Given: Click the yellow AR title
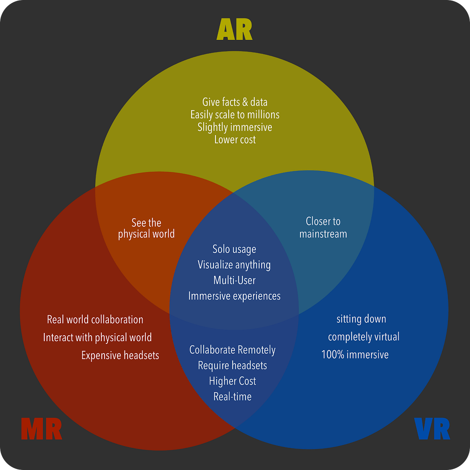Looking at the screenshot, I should click(x=235, y=30).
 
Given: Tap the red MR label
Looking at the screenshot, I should click(x=42, y=429).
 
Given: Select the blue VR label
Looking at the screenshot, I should click(x=432, y=429).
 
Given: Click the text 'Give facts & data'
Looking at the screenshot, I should click(x=235, y=102).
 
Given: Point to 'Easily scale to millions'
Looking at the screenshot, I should click(x=235, y=115).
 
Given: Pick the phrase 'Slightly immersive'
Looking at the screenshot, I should click(x=235, y=127).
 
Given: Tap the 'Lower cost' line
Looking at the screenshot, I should click(x=235, y=140).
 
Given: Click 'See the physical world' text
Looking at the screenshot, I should click(x=146, y=228).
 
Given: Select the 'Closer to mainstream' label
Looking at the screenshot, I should click(x=323, y=228).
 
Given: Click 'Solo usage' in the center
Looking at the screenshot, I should click(x=234, y=249).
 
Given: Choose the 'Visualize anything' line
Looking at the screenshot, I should click(x=234, y=265).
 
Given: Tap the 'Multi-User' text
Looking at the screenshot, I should click(x=234, y=280).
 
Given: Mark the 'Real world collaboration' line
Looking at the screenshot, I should click(x=95, y=320).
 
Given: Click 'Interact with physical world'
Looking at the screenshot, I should click(x=97, y=338).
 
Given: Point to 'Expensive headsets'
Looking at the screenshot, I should click(x=120, y=356).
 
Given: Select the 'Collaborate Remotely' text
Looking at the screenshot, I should click(x=232, y=350).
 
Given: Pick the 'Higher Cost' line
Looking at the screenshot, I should click(x=232, y=381).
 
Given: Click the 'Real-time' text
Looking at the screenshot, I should click(x=232, y=397).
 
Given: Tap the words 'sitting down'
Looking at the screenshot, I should click(x=361, y=319).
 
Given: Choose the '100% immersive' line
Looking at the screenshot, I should click(x=355, y=355).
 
